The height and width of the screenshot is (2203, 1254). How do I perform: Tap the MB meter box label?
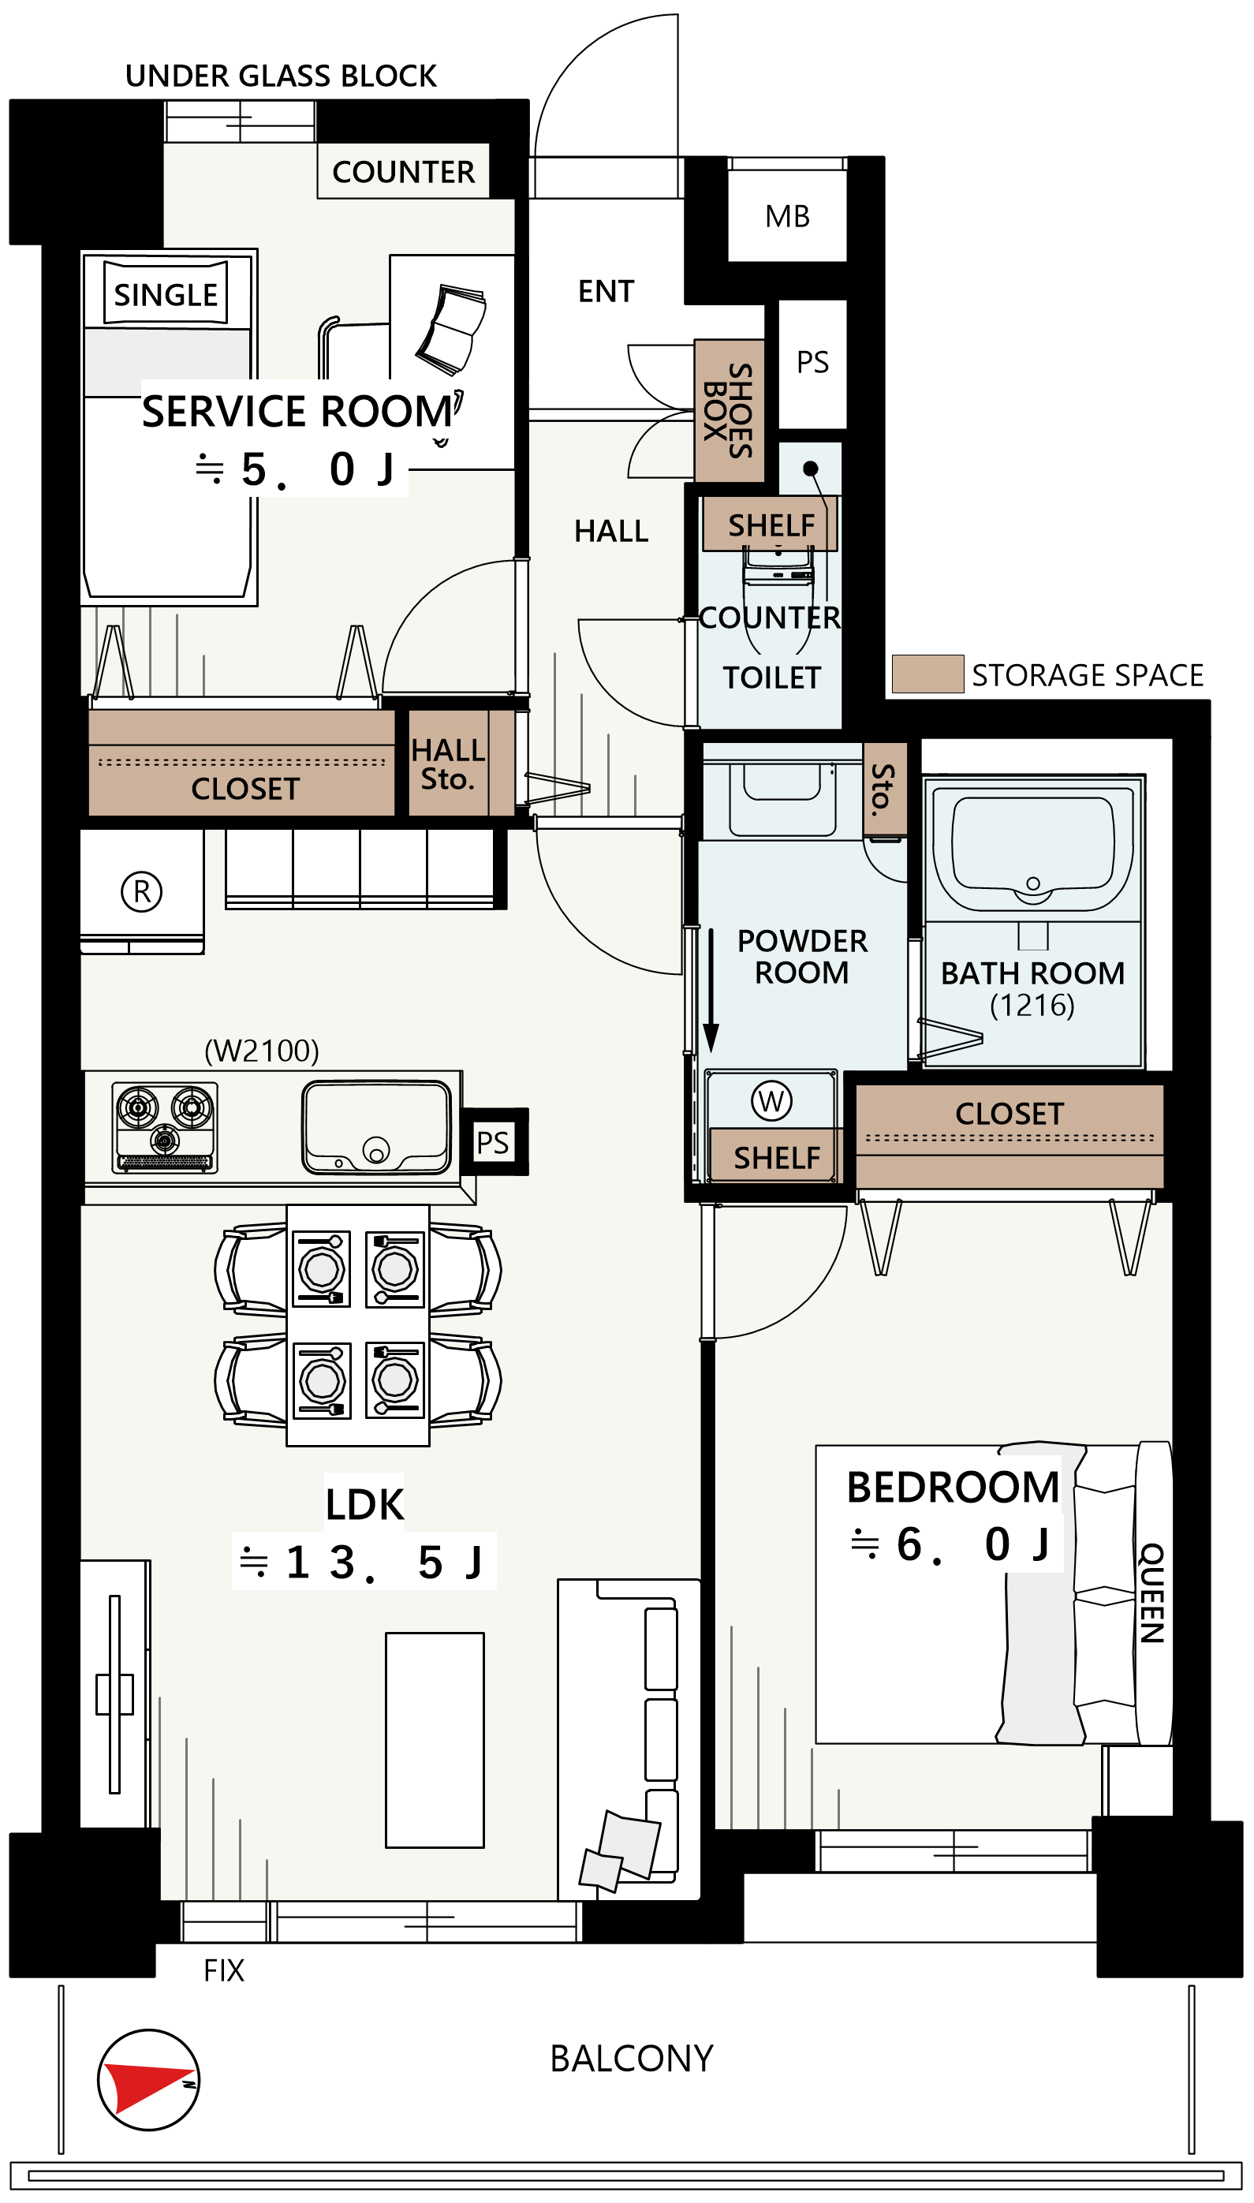tap(787, 216)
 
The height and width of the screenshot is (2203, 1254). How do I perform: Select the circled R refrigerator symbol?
tap(142, 891)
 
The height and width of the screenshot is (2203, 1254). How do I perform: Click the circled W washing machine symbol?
tap(771, 1100)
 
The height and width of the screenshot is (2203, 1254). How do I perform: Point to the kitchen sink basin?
tap(376, 1127)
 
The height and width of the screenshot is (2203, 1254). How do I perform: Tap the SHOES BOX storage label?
tap(729, 411)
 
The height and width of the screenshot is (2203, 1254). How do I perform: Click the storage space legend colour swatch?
tap(927, 674)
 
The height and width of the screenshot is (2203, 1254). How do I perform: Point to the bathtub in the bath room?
tap(1032, 847)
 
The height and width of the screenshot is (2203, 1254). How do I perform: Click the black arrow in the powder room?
tap(711, 990)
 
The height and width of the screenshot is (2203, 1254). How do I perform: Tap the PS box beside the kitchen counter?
tap(494, 1142)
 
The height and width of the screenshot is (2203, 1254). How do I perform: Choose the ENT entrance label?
tap(606, 291)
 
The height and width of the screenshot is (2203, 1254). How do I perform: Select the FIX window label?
tap(224, 1970)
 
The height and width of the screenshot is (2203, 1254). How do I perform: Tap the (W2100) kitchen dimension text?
tap(261, 1050)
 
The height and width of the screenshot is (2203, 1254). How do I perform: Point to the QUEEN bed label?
tap(1151, 1593)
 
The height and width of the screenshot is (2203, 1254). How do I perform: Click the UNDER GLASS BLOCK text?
tap(281, 76)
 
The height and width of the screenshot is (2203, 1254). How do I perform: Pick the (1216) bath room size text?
tap(1032, 1004)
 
